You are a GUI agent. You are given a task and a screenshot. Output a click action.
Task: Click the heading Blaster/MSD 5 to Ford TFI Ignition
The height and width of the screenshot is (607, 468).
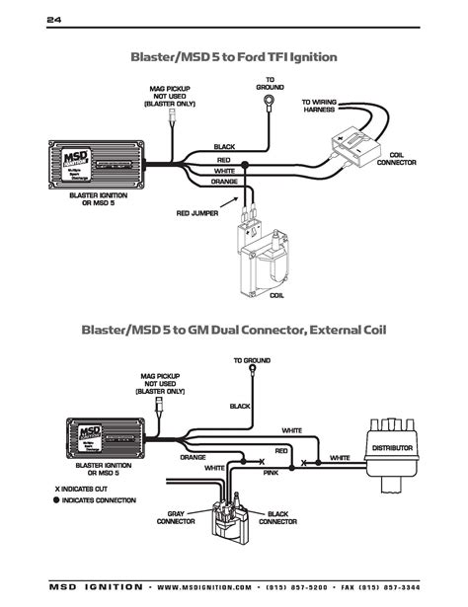(x=234, y=57)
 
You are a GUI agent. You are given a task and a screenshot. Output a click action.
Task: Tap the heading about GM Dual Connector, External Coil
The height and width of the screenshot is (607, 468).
(x=234, y=329)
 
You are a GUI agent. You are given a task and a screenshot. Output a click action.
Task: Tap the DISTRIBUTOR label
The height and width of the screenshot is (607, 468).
(x=392, y=448)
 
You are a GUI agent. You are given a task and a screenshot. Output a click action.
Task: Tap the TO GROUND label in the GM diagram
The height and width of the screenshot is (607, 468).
(x=252, y=361)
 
